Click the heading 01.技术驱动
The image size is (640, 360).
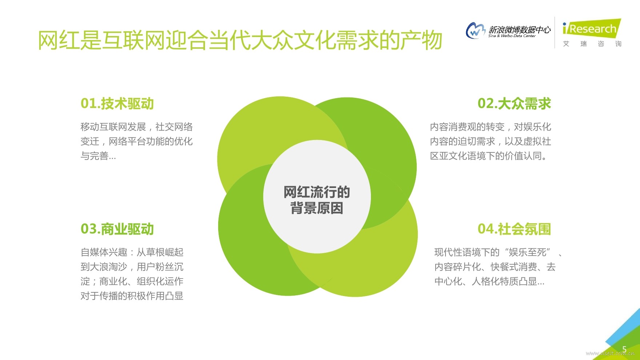point(117,104)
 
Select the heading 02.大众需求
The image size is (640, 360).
point(514,104)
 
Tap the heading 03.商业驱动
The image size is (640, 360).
point(117,229)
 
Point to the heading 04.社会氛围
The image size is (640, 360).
point(514,229)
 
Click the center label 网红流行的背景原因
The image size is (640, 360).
point(317,200)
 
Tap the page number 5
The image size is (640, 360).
point(624,349)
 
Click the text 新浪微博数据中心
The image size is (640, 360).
point(520,29)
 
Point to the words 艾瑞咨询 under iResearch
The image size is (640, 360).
point(592,44)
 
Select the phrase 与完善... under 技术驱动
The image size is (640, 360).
point(98,156)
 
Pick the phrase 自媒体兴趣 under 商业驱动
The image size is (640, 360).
point(104,252)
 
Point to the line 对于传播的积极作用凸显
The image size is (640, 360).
point(132,296)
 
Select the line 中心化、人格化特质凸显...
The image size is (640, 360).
point(489,281)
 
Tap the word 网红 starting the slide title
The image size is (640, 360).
point(59,40)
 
